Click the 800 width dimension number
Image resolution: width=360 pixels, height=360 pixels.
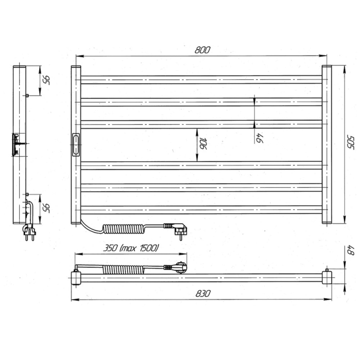(x=202, y=50)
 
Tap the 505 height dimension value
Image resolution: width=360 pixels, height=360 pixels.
(x=351, y=143)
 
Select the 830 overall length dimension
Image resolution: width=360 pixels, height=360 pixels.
(x=203, y=294)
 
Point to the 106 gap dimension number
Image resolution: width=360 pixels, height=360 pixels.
(x=203, y=144)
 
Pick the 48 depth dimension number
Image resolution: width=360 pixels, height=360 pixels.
(x=351, y=251)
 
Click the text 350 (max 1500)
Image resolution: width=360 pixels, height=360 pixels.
(x=131, y=248)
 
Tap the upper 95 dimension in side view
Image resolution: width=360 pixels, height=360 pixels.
(x=46, y=80)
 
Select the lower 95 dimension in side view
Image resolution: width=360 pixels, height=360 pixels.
(x=46, y=208)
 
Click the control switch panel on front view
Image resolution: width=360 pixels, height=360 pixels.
(x=76, y=144)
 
